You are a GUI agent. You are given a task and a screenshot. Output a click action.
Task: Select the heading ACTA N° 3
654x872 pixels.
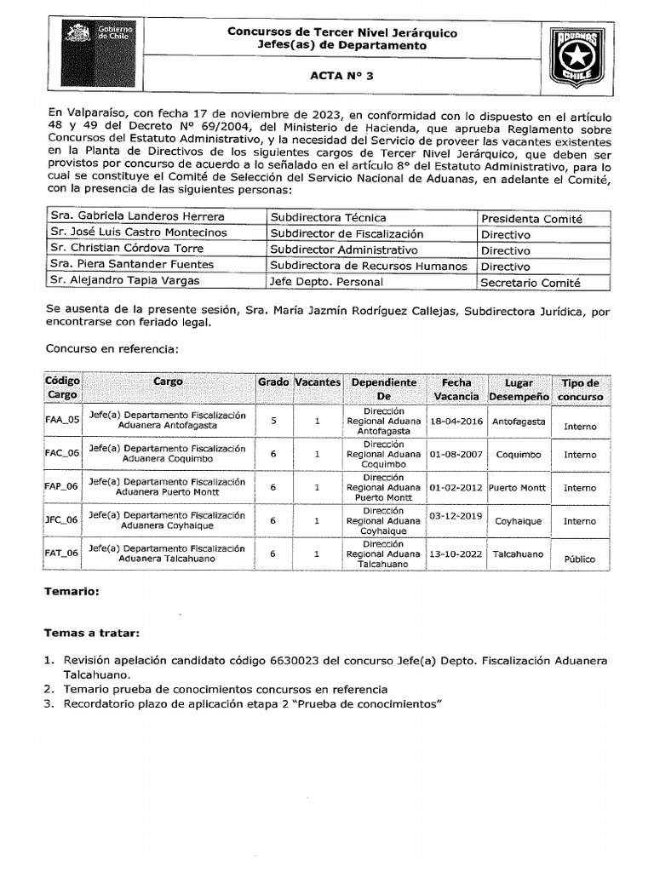click(x=341, y=76)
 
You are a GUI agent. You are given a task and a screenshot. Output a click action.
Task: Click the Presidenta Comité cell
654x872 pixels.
click(x=531, y=219)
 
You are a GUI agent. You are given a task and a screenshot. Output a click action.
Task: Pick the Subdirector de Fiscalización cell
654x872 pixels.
click(x=347, y=234)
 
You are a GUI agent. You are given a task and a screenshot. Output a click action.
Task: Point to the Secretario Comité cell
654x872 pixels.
click(x=531, y=283)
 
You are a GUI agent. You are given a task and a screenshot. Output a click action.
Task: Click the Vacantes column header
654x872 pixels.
click(x=317, y=382)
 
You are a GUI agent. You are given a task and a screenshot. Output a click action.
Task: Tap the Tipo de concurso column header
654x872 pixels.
click(x=581, y=390)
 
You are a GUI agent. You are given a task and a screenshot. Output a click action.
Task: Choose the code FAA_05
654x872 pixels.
click(x=61, y=420)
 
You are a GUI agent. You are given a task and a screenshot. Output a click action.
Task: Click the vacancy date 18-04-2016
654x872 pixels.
click(x=456, y=421)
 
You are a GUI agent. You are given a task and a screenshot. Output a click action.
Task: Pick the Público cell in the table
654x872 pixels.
click(x=580, y=559)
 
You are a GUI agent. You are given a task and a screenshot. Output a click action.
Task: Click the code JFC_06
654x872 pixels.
click(x=61, y=519)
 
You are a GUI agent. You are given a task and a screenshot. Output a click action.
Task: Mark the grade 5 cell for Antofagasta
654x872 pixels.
click(x=273, y=420)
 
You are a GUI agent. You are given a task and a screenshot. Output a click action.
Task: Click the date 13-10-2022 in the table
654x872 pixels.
click(x=456, y=554)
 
